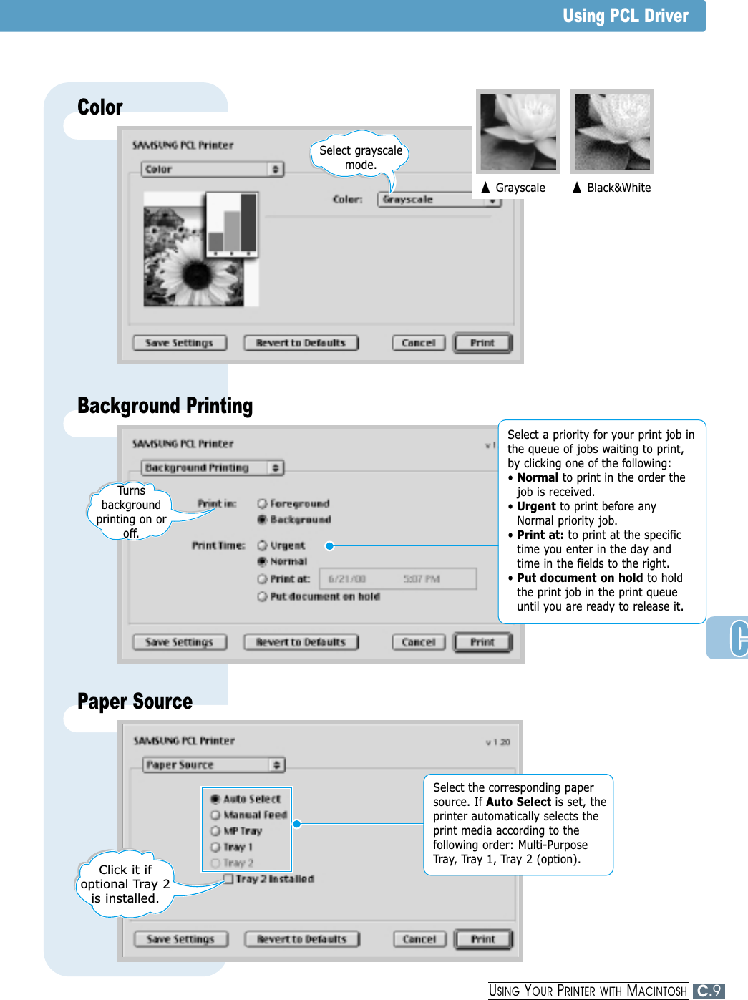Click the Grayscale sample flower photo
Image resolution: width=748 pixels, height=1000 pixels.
pyautogui.click(x=518, y=132)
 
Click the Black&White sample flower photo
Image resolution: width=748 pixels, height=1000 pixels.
pyautogui.click(x=612, y=132)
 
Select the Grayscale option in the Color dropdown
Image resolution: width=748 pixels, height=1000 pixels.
pyautogui.click(x=439, y=200)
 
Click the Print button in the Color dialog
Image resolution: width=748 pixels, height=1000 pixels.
pyautogui.click(x=482, y=344)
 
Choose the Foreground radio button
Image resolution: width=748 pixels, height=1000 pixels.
pyautogui.click(x=262, y=504)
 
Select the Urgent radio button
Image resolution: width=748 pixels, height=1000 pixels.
pyautogui.click(x=262, y=545)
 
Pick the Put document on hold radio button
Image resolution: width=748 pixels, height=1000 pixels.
pyautogui.click(x=262, y=596)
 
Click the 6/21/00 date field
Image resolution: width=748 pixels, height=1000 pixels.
pyautogui.click(x=348, y=578)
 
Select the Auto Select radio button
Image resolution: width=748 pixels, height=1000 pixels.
pyautogui.click(x=215, y=799)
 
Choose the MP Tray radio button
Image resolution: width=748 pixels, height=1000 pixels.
pyautogui.click(x=215, y=831)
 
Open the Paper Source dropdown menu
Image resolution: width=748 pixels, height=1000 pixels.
pyautogui.click(x=213, y=765)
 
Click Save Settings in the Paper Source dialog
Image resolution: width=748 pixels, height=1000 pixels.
pyautogui.click(x=180, y=939)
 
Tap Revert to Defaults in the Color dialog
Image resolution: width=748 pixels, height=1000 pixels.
pyautogui.click(x=301, y=344)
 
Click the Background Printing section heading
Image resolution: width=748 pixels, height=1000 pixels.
pyautogui.click(x=165, y=406)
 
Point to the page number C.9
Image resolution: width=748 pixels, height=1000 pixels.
pyautogui.click(x=709, y=991)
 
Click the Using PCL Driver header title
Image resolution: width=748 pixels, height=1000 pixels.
pyautogui.click(x=625, y=16)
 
